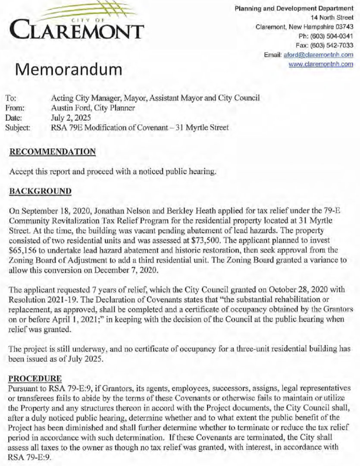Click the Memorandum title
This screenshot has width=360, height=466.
coord(70,69)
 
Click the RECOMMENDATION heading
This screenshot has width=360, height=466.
coord(52,152)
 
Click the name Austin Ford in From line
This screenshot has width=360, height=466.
coord(68,107)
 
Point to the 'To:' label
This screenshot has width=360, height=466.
coord(12,98)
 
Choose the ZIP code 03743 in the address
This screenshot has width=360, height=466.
coord(344,26)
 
